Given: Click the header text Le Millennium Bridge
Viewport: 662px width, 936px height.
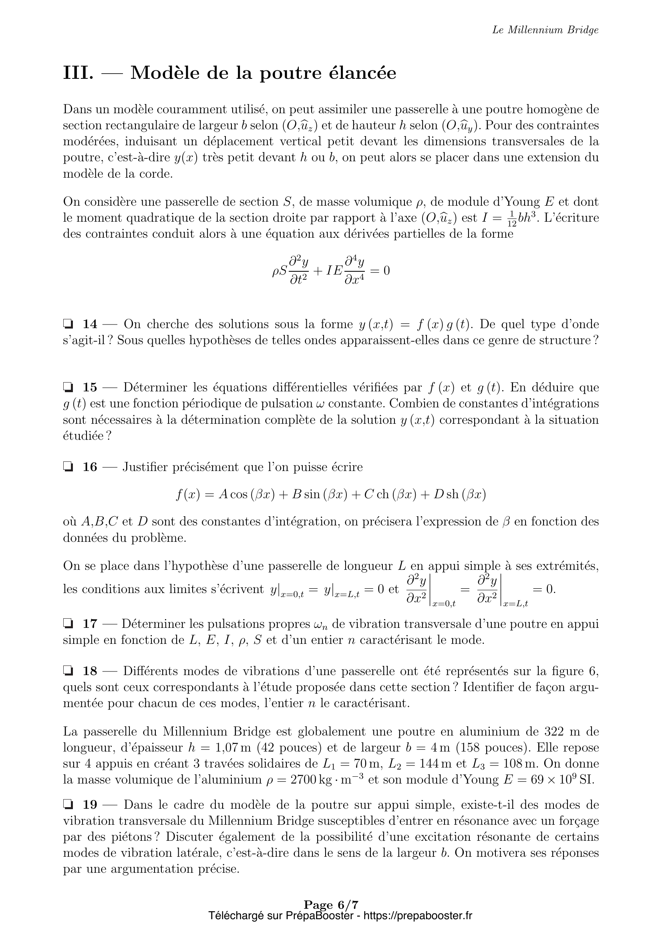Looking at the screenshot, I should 545,30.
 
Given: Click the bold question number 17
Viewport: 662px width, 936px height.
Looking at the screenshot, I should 90,624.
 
